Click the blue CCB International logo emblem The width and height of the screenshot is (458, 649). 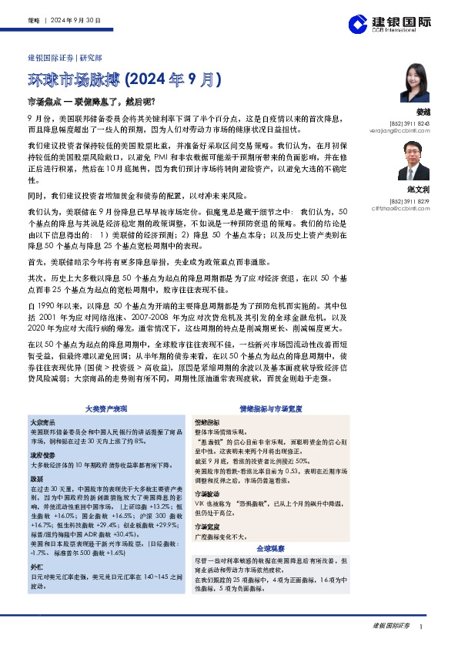[356, 23]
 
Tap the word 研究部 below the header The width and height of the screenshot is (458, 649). [92, 57]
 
